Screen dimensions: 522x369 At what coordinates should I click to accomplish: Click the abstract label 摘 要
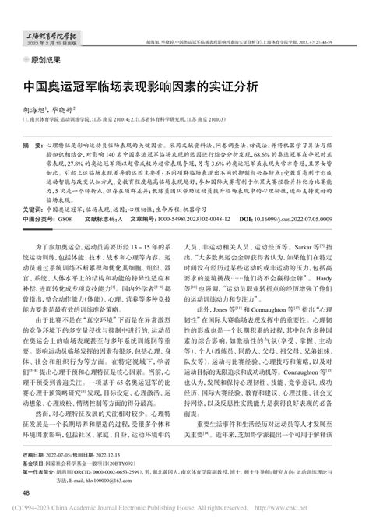click(33, 146)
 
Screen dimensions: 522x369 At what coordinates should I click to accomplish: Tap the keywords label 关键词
click(33, 210)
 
